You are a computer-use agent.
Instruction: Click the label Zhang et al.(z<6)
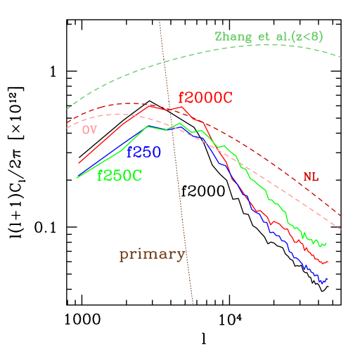coord(269,37)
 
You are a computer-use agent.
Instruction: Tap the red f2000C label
coord(205,98)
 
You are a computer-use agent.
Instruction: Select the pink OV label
coord(89,130)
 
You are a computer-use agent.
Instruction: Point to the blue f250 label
coord(143,152)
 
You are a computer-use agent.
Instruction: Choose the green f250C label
coord(120,176)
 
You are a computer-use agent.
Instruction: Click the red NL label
coord(311,177)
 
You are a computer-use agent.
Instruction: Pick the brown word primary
coord(152,255)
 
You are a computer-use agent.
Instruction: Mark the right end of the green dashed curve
coord(342,57)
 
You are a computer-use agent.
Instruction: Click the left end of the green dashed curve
coord(67,109)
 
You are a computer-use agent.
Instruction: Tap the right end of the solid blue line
coord(328,279)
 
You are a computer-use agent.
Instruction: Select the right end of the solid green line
coord(327,243)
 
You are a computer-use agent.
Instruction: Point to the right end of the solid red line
coord(328,262)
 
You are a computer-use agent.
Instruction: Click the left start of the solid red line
coord(79,163)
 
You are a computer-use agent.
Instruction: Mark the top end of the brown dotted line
coord(160,20)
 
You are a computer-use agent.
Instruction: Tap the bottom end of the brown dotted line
coord(193,304)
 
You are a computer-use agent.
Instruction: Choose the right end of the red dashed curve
coord(342,217)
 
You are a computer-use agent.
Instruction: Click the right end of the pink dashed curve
coord(342,230)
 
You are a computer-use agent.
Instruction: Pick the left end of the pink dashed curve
coord(67,129)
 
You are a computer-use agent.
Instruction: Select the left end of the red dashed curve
coord(67,122)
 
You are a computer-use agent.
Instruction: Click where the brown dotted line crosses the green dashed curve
coord(165,63)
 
